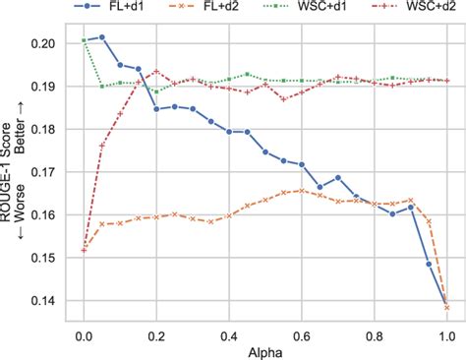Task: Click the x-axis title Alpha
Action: pyautogui.click(x=265, y=350)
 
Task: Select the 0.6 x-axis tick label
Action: pyautogui.click(x=302, y=331)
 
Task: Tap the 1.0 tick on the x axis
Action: pyautogui.click(x=446, y=331)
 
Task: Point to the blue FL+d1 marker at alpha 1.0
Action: pyautogui.click(x=446, y=301)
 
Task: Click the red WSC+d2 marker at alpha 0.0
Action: pyautogui.click(x=85, y=250)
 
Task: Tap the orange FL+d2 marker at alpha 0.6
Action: pyautogui.click(x=302, y=191)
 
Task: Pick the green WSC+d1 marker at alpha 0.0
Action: pyautogui.click(x=85, y=40)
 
